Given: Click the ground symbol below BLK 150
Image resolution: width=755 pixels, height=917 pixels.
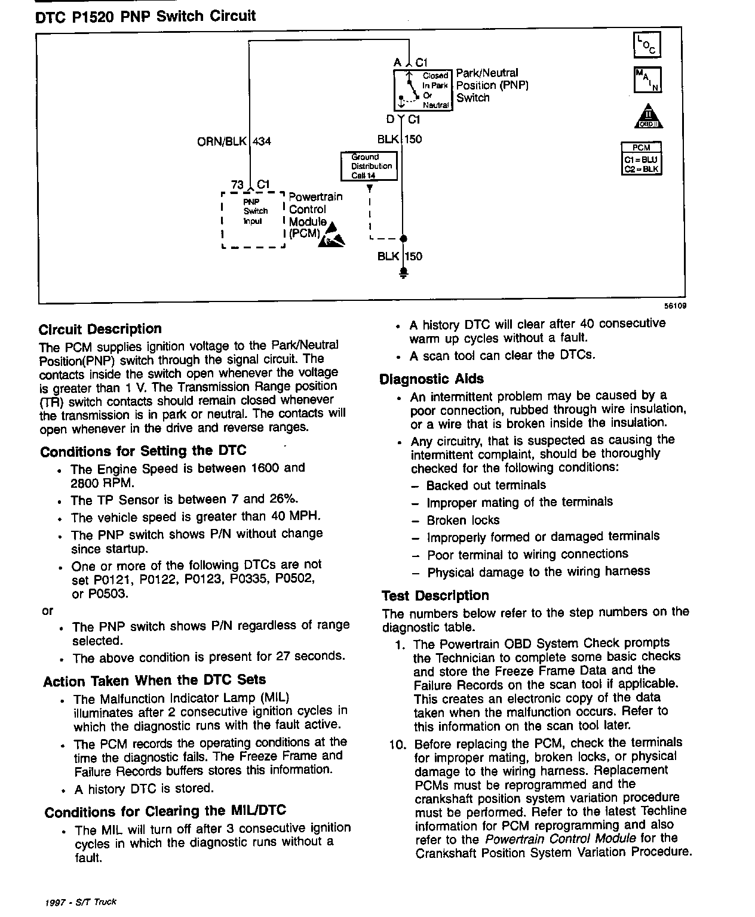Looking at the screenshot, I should [403, 274].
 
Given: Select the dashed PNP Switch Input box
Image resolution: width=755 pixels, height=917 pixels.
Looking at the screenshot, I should [253, 219].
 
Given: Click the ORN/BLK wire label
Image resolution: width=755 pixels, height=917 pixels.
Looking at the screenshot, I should [222, 141].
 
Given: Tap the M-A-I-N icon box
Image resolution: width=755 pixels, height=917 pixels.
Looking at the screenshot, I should [647, 80].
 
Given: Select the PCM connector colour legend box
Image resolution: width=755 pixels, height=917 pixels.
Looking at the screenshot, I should [642, 158].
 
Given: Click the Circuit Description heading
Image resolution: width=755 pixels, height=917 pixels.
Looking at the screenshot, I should [100, 329].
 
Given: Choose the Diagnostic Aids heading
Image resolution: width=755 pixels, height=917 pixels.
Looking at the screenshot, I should [431, 379].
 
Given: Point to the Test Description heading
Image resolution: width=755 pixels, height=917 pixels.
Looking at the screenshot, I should [435, 595].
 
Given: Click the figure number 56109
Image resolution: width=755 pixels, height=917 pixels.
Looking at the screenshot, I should [675, 306].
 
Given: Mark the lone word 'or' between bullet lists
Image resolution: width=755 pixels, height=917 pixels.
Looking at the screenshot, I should [48, 611].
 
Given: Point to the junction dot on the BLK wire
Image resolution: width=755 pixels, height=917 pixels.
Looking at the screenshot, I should [403, 239].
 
